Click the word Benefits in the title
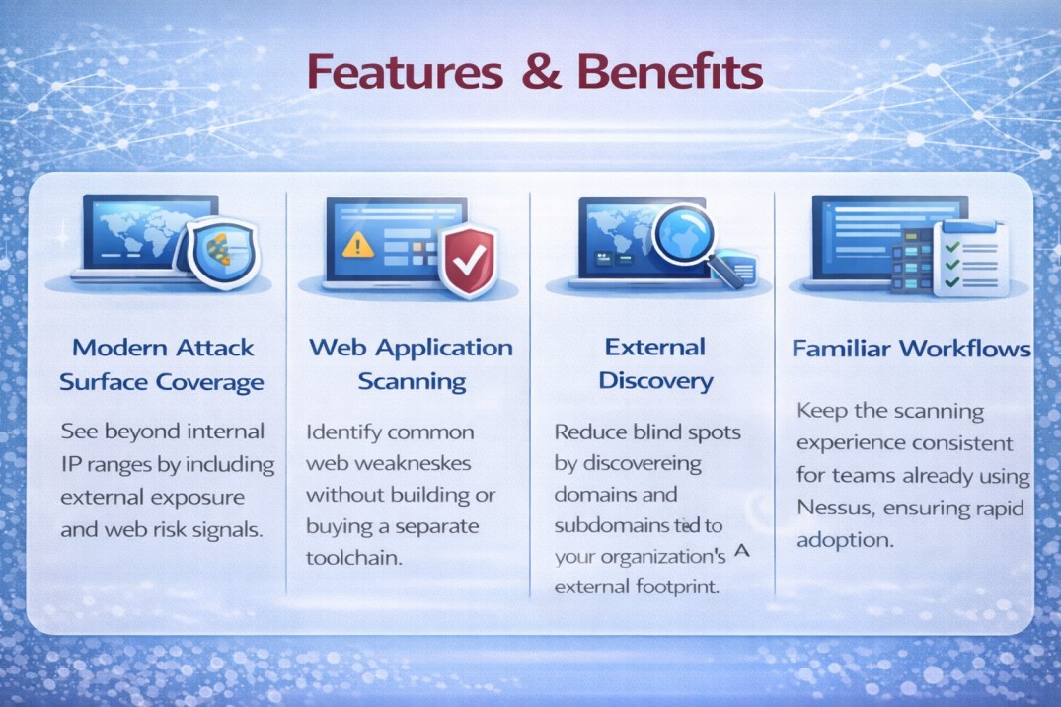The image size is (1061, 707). (x=670, y=74)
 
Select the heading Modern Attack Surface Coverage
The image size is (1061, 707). (x=161, y=364)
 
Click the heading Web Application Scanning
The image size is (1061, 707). (x=411, y=364)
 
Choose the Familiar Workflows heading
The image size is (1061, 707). (x=911, y=349)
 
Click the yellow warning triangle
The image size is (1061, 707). (x=356, y=244)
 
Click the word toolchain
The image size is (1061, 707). (x=354, y=557)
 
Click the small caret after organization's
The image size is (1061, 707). (x=743, y=553)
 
